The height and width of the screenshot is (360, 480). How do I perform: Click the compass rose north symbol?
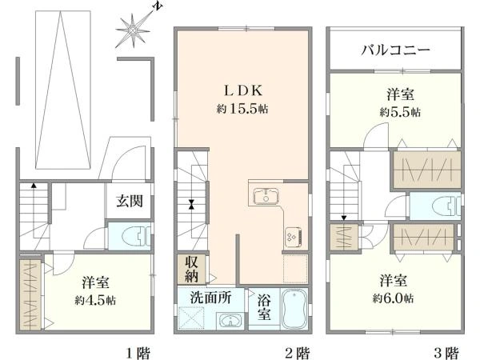click(x=133, y=30)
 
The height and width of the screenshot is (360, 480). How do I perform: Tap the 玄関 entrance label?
click(x=128, y=202)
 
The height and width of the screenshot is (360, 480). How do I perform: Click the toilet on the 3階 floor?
click(x=436, y=206)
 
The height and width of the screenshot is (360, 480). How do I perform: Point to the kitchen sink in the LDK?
click(x=265, y=197)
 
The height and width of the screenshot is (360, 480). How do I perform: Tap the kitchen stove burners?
click(x=290, y=236)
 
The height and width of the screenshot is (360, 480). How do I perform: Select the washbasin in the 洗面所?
click(x=230, y=321)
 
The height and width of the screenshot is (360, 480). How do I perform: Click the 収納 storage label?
click(x=194, y=268)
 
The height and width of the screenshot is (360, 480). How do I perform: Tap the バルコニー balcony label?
click(x=395, y=50)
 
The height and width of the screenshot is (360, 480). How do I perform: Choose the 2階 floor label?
click(x=298, y=351)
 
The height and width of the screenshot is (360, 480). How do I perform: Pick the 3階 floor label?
click(x=446, y=351)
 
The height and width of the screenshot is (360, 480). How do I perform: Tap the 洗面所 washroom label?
click(x=210, y=296)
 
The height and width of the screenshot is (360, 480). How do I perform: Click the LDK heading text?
click(x=240, y=90)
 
